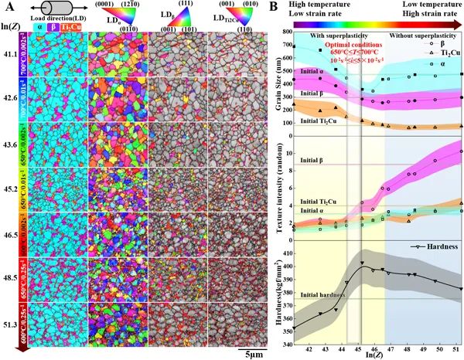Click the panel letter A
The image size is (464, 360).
tap(7, 7)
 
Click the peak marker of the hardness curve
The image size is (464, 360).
tap(361, 263)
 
